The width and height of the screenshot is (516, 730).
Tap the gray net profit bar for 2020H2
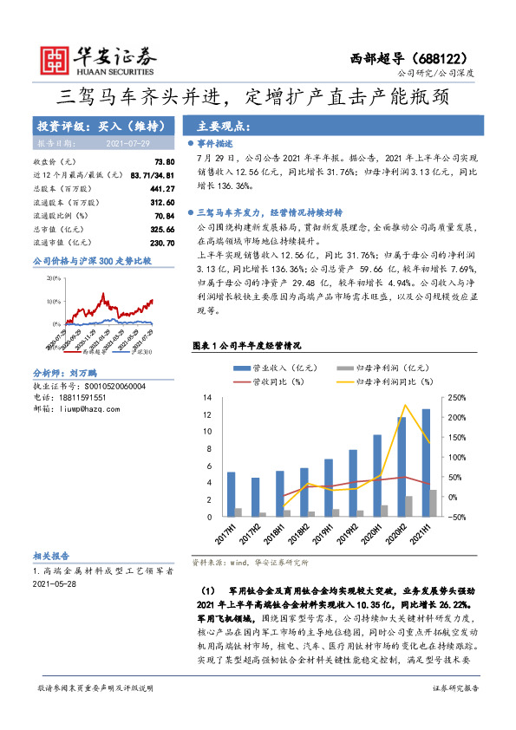tap(409, 506)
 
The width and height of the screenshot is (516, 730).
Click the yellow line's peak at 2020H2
tap(404, 405)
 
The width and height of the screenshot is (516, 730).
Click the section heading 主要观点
tap(225, 125)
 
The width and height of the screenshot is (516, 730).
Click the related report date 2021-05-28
tap(54, 584)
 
